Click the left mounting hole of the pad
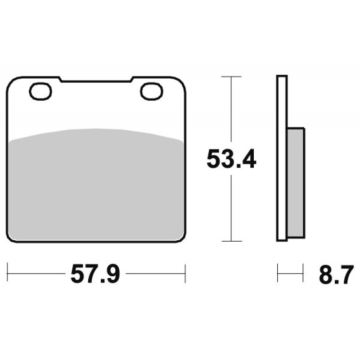coord(40,91)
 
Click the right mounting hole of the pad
coord(152,91)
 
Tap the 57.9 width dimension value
coord(95,274)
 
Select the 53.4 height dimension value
coord(231,159)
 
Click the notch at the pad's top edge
coord(95,80)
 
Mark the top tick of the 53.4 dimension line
coord(231,76)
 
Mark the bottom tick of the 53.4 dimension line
coord(231,241)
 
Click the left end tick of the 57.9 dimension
coord(8,273)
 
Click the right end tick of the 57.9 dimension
coord(185,274)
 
